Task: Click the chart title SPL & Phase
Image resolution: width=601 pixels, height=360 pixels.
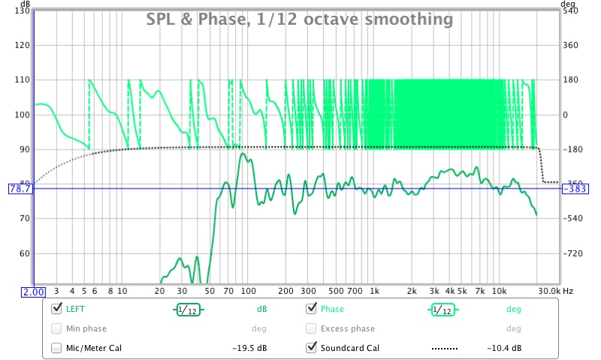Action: [x=299, y=18]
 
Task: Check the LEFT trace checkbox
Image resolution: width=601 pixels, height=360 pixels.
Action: [x=56, y=309]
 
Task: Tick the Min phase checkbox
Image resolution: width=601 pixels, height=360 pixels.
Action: [x=56, y=328]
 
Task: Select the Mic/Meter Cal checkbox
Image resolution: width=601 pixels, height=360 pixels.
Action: [x=56, y=348]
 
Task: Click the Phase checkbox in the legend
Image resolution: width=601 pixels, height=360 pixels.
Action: [x=311, y=309]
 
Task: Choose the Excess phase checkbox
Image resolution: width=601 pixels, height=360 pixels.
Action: [x=311, y=328]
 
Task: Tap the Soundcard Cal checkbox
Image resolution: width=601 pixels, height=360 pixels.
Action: [x=311, y=348]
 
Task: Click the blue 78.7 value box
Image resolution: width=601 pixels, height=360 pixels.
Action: [x=17, y=189]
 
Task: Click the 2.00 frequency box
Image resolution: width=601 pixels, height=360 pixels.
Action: [x=35, y=292]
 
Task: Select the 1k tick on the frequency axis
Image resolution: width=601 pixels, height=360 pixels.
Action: [x=373, y=291]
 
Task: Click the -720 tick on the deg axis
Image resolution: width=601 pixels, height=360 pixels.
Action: [x=572, y=253]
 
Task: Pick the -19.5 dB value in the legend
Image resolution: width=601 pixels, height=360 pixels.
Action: [x=248, y=348]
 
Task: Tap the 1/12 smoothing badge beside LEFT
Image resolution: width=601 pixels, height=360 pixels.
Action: [x=188, y=309]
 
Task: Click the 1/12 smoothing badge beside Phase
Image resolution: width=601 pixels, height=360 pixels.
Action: [x=442, y=309]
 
